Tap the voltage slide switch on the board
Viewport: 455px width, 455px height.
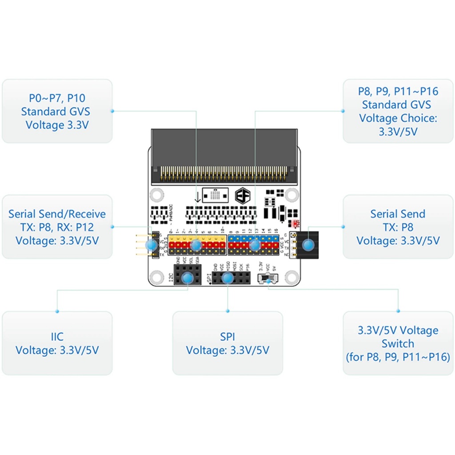[x=267, y=279]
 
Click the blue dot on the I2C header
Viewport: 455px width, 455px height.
[x=188, y=278]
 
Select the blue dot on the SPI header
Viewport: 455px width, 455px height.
[x=227, y=278]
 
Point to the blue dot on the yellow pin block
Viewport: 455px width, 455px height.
[x=196, y=244]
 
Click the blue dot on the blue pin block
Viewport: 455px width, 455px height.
[x=255, y=245]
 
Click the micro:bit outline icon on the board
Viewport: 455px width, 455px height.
[x=216, y=195]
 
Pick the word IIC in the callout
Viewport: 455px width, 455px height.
[x=57, y=336]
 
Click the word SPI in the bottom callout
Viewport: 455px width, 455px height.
[x=227, y=336]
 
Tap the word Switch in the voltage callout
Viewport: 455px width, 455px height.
[x=398, y=343]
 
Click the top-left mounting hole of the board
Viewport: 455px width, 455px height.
[x=156, y=195]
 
